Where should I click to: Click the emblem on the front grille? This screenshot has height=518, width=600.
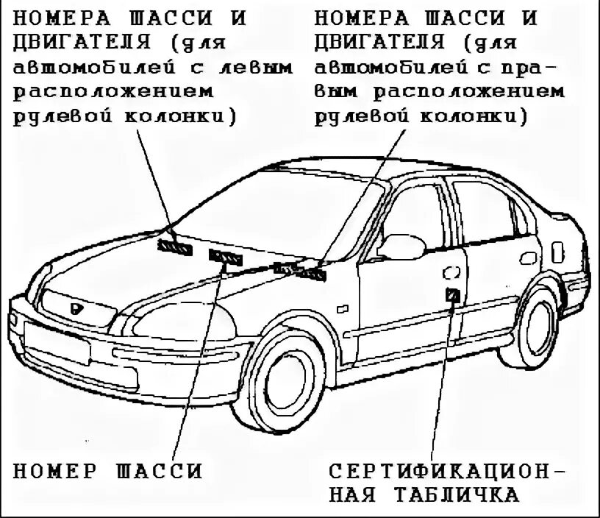pos(76,310)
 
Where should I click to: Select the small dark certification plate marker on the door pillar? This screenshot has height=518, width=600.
pos(453,295)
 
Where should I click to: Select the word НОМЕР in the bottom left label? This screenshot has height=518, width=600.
pos(56,470)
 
